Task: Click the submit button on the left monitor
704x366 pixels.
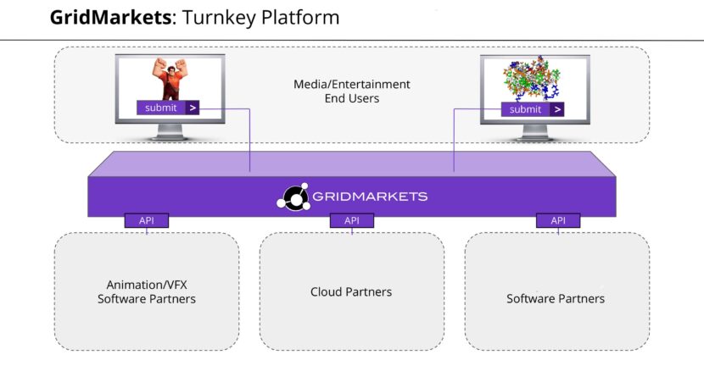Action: [x=161, y=108]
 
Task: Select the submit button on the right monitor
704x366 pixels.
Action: [x=526, y=109]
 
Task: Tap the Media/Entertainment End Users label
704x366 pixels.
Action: [x=351, y=91]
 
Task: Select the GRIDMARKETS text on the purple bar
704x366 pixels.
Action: [x=370, y=197]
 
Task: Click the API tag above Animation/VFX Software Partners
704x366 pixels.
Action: [x=147, y=220]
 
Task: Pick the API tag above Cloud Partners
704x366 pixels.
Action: [x=352, y=220]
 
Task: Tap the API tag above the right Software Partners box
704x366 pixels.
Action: [x=558, y=220]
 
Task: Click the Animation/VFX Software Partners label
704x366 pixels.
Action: [x=147, y=291]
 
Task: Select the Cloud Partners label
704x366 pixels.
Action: [x=351, y=291]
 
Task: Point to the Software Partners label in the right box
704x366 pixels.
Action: [x=556, y=298]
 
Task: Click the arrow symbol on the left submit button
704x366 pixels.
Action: [x=193, y=108]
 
